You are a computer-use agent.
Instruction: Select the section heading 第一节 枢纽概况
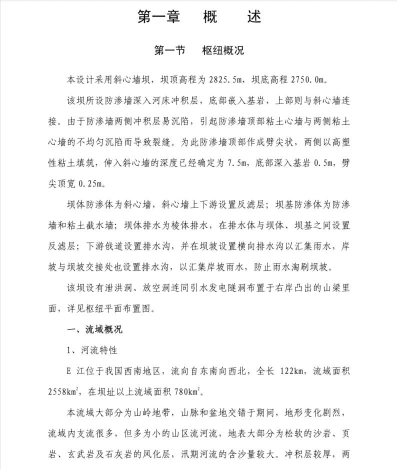[x=199, y=50]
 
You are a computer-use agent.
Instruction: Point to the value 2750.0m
[x=309, y=79]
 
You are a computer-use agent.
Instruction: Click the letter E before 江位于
[x=69, y=371]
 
